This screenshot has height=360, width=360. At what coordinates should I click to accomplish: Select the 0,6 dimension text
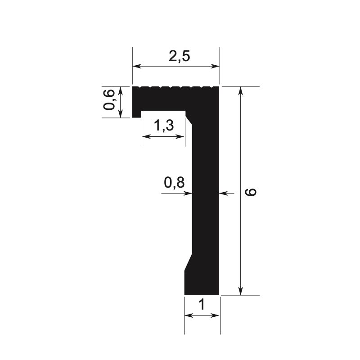point(109,99)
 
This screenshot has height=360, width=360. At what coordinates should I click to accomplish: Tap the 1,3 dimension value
point(163,126)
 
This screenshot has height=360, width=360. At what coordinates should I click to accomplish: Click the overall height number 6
point(252,192)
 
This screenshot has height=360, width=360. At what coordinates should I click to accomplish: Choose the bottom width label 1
point(202,305)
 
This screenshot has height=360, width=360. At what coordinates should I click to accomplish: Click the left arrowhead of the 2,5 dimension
point(135,67)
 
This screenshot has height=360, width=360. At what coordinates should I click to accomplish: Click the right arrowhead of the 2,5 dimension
point(216,67)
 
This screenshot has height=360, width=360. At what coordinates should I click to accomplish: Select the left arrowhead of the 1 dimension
point(188,316)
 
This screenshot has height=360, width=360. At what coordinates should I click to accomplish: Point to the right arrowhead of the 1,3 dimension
point(182,136)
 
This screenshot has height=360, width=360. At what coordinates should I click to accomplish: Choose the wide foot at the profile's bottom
point(202,283)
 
